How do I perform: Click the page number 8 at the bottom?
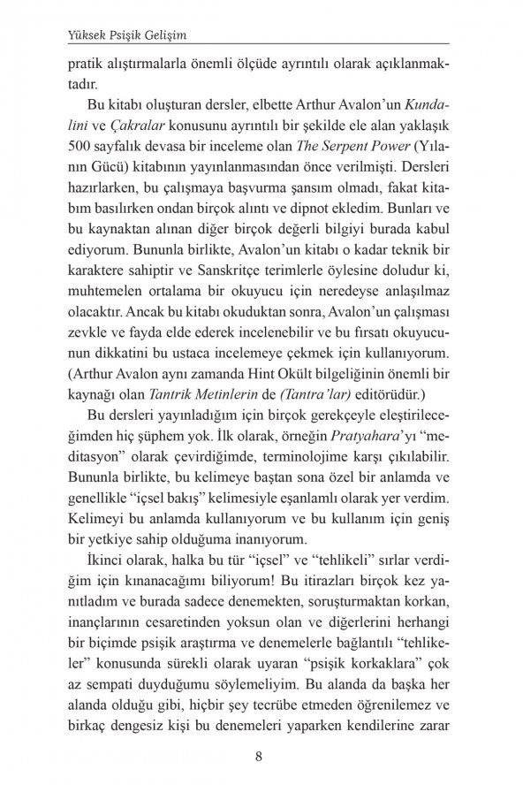tap(258, 756)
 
